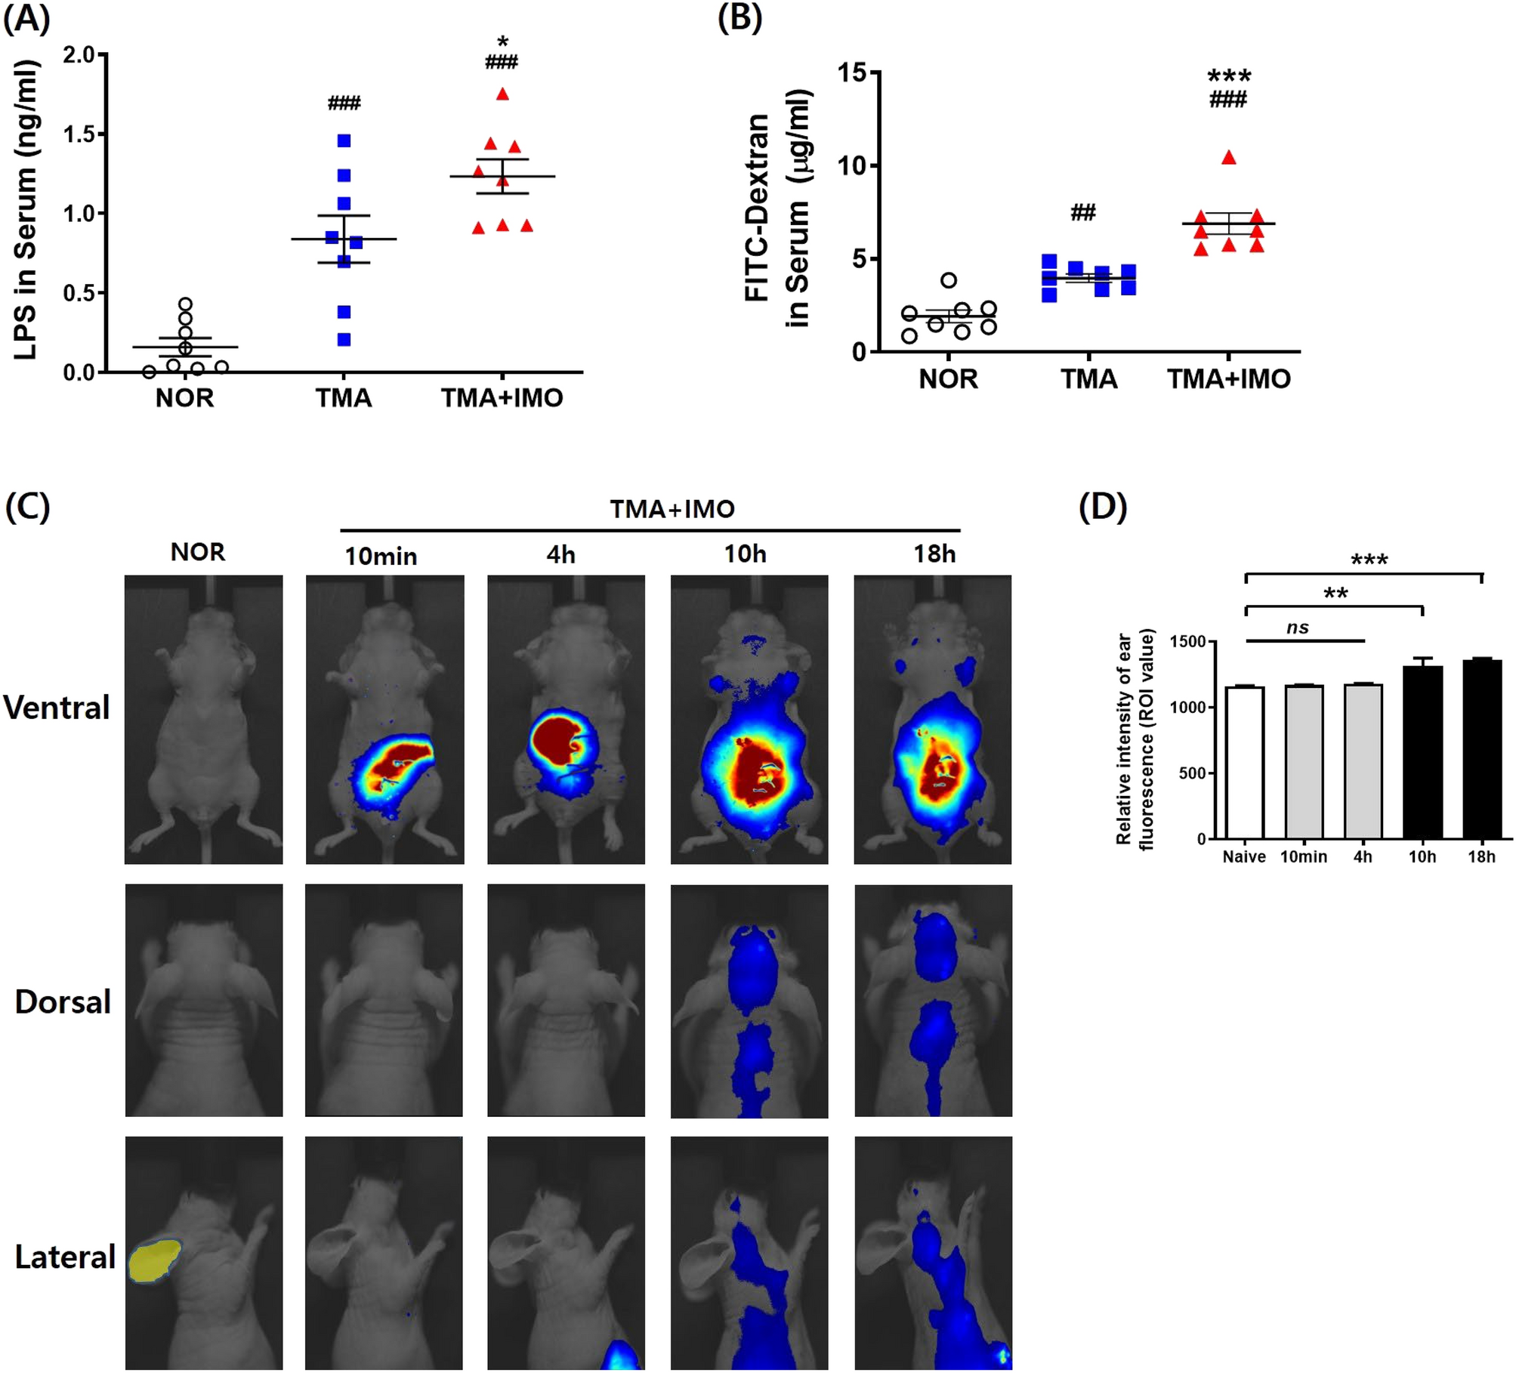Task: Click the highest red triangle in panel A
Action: tap(502, 94)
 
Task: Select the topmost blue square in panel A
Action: tap(344, 140)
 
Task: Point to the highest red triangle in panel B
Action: tap(1229, 158)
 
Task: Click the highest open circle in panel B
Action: tap(949, 280)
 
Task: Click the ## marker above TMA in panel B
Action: tap(1083, 213)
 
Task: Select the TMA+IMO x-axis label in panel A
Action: tap(502, 398)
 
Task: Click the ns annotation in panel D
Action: tap(1298, 628)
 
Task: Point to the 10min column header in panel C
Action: tap(381, 557)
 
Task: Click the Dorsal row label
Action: tap(63, 1002)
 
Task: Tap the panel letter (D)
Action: tap(1103, 507)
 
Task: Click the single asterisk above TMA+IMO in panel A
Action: tap(502, 42)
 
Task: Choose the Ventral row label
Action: tap(57, 708)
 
